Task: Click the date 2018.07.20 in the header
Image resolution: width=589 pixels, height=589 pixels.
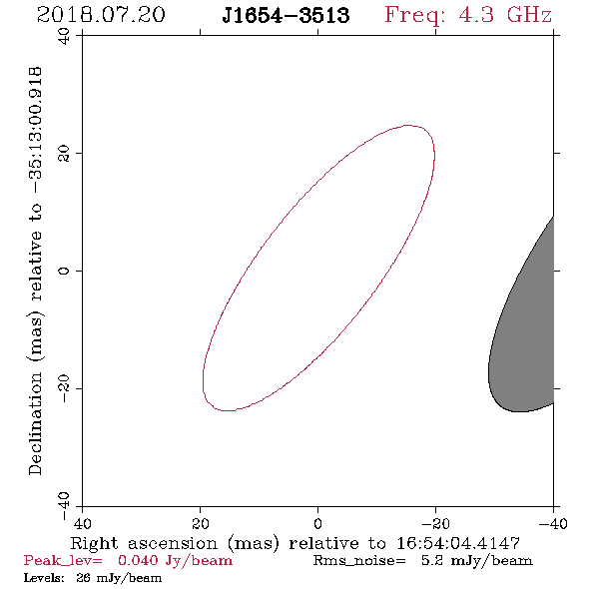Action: [x=101, y=15]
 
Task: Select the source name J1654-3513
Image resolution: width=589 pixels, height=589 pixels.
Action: [x=286, y=15]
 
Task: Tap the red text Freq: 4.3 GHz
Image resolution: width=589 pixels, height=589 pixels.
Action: [x=468, y=15]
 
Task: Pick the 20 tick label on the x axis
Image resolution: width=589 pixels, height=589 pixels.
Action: [x=201, y=523]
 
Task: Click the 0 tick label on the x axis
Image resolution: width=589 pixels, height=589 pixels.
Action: [x=317, y=523]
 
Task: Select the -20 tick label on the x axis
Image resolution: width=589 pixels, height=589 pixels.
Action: [x=435, y=523]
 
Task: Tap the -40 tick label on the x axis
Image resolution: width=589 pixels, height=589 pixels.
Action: [x=553, y=523]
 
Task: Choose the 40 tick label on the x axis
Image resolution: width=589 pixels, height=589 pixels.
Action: [x=82, y=523]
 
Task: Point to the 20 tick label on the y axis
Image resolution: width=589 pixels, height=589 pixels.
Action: [x=64, y=154]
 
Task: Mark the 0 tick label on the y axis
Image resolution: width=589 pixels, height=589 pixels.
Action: [x=64, y=271]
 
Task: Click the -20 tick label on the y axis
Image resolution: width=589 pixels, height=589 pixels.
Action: [x=64, y=388]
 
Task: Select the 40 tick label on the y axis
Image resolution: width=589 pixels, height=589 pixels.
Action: [x=64, y=36]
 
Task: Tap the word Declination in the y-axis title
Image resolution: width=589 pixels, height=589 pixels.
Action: [x=35, y=423]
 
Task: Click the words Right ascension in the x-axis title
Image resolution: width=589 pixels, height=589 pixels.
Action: [x=144, y=543]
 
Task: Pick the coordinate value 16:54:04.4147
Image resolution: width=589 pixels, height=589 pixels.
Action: [x=458, y=543]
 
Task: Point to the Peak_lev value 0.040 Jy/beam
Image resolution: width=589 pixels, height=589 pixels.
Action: [x=175, y=561]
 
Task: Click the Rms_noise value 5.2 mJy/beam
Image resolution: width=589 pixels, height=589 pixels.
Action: [x=476, y=561]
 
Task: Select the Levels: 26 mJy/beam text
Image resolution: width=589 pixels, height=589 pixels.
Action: [x=93, y=578]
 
